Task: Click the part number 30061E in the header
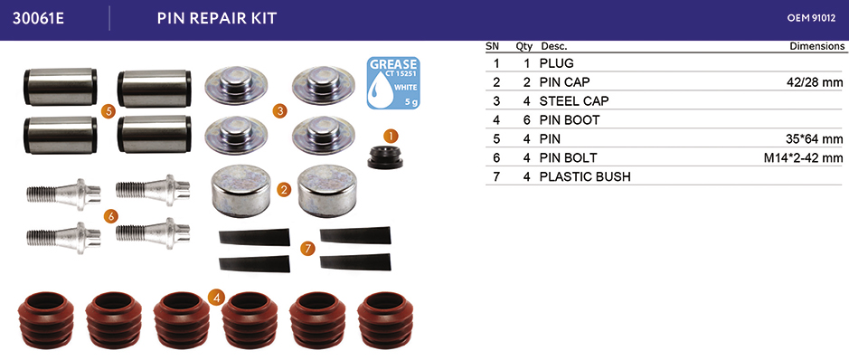tap(38, 18)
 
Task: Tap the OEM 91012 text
tap(811, 18)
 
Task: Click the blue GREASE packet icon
tap(393, 83)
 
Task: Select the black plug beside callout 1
tap(385, 156)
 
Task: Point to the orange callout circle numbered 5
tap(108, 111)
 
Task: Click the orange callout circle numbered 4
tap(216, 298)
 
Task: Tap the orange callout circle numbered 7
tap(307, 249)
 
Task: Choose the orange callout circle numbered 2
tap(283, 190)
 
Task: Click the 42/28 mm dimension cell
tap(815, 82)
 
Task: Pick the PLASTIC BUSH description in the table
tap(585, 177)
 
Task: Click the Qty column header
tap(524, 46)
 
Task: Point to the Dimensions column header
tap(817, 46)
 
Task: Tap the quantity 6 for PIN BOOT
tap(526, 120)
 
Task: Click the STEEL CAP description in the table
tap(574, 101)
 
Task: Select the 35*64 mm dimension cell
tap(815, 139)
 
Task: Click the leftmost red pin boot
tap(45, 320)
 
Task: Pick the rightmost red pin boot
tap(385, 320)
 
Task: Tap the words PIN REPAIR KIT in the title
tap(217, 18)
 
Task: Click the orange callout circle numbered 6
tap(110, 216)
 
